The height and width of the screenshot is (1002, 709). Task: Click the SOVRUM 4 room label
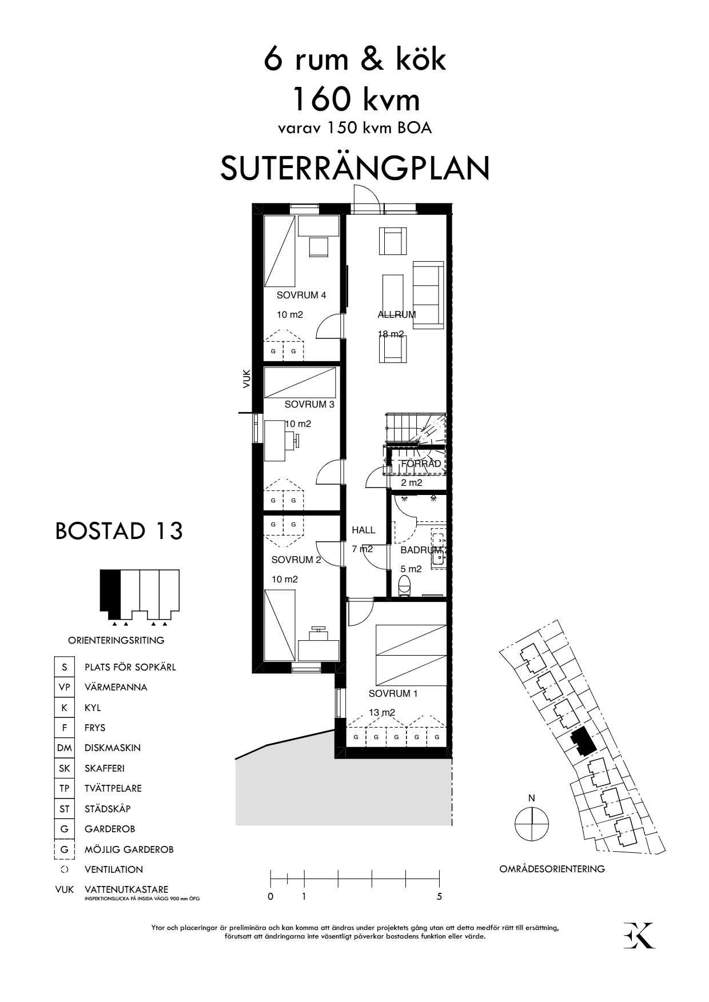[301, 296]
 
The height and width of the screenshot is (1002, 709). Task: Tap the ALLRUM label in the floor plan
[396, 314]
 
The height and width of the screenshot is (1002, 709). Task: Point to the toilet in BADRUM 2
[404, 585]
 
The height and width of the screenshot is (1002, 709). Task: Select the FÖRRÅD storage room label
[421, 464]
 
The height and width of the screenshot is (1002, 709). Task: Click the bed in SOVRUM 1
[411, 652]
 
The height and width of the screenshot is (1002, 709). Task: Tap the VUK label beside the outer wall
[246, 379]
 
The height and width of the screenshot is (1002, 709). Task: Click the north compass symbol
[531, 824]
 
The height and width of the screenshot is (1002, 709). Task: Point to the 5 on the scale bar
[439, 897]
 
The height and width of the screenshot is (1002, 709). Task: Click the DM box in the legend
[64, 748]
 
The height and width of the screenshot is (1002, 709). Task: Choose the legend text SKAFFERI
[105, 768]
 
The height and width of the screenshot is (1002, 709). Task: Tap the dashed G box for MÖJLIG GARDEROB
[64, 849]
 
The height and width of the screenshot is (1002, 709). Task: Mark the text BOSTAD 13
[119, 531]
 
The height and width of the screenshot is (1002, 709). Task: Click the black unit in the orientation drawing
[110, 590]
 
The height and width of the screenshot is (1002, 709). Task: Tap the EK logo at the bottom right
[639, 935]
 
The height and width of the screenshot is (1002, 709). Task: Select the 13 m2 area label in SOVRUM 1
[381, 713]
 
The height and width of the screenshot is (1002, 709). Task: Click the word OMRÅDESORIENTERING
[552, 869]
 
